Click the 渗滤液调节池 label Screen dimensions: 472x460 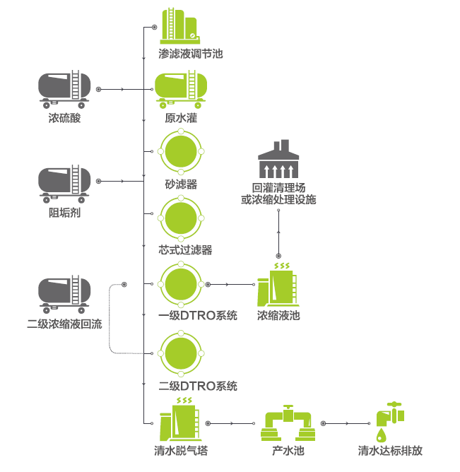tap(190, 54)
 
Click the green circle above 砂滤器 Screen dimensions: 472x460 tap(181, 151)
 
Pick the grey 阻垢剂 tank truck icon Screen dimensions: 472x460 tap(64, 182)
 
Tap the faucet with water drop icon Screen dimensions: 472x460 tap(389, 421)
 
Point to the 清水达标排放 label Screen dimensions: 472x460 tap(390, 451)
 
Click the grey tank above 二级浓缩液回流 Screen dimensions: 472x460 tap(64, 295)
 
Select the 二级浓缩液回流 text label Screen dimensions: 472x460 tap(64, 325)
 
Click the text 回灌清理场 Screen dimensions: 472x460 tap(278, 188)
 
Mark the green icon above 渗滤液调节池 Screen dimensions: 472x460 tap(179, 25)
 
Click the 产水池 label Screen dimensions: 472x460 tap(288, 451)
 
